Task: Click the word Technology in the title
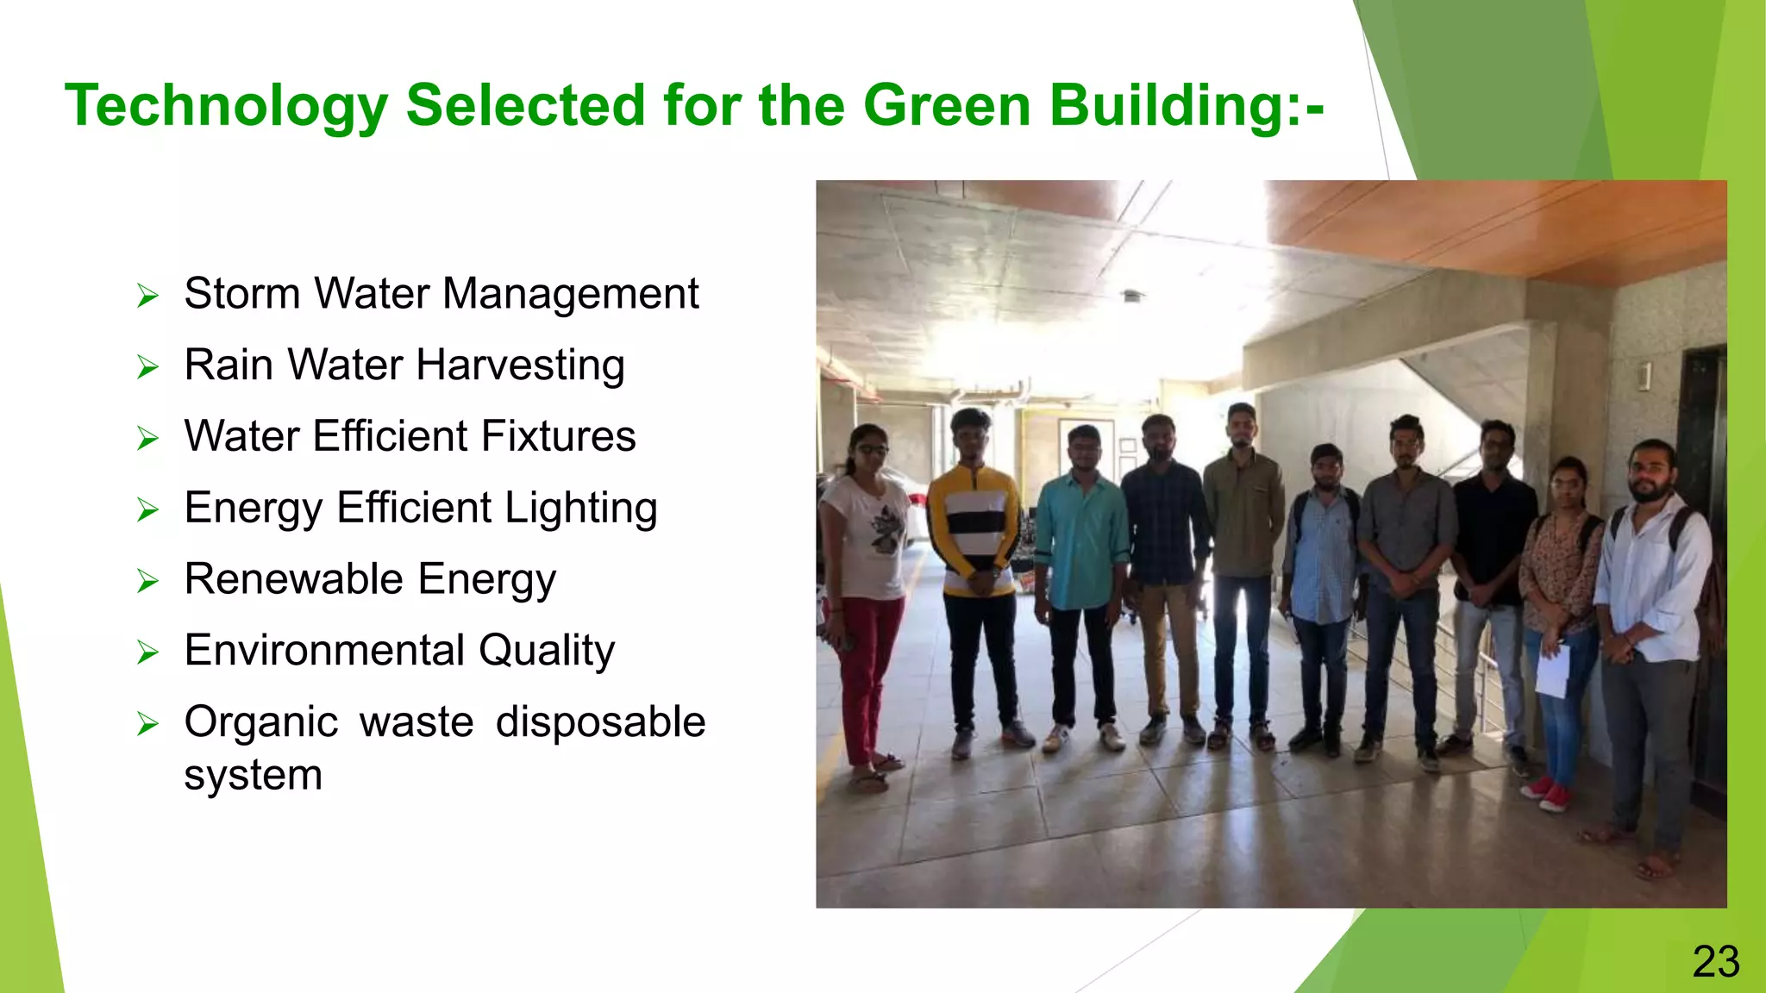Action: (226, 107)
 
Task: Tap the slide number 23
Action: (1715, 961)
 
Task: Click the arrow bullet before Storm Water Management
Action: (147, 297)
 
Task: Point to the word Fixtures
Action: (558, 436)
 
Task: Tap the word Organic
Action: (261, 722)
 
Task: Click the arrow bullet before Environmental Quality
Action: (147, 653)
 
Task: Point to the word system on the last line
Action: (253, 775)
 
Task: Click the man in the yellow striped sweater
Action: (977, 552)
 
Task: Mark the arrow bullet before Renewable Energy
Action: (147, 581)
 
